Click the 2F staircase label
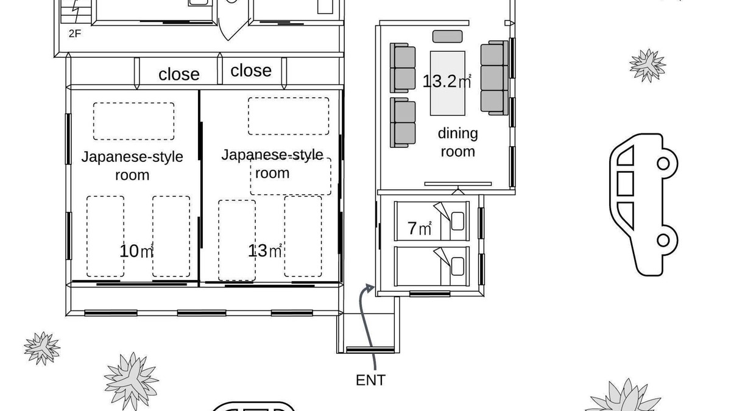click(75, 33)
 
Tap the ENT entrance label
click(370, 381)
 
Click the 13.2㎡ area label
click(447, 81)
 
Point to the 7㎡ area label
click(420, 228)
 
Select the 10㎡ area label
click(136, 251)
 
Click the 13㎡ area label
click(264, 250)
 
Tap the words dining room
click(457, 142)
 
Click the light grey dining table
click(447, 83)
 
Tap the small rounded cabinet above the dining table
click(447, 37)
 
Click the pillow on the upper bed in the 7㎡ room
click(457, 221)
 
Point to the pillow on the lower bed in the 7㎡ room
click(457, 267)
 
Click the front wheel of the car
click(663, 163)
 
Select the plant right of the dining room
click(648, 65)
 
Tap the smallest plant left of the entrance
click(42, 348)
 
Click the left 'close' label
click(179, 74)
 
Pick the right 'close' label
click(250, 71)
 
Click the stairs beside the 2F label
click(76, 12)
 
